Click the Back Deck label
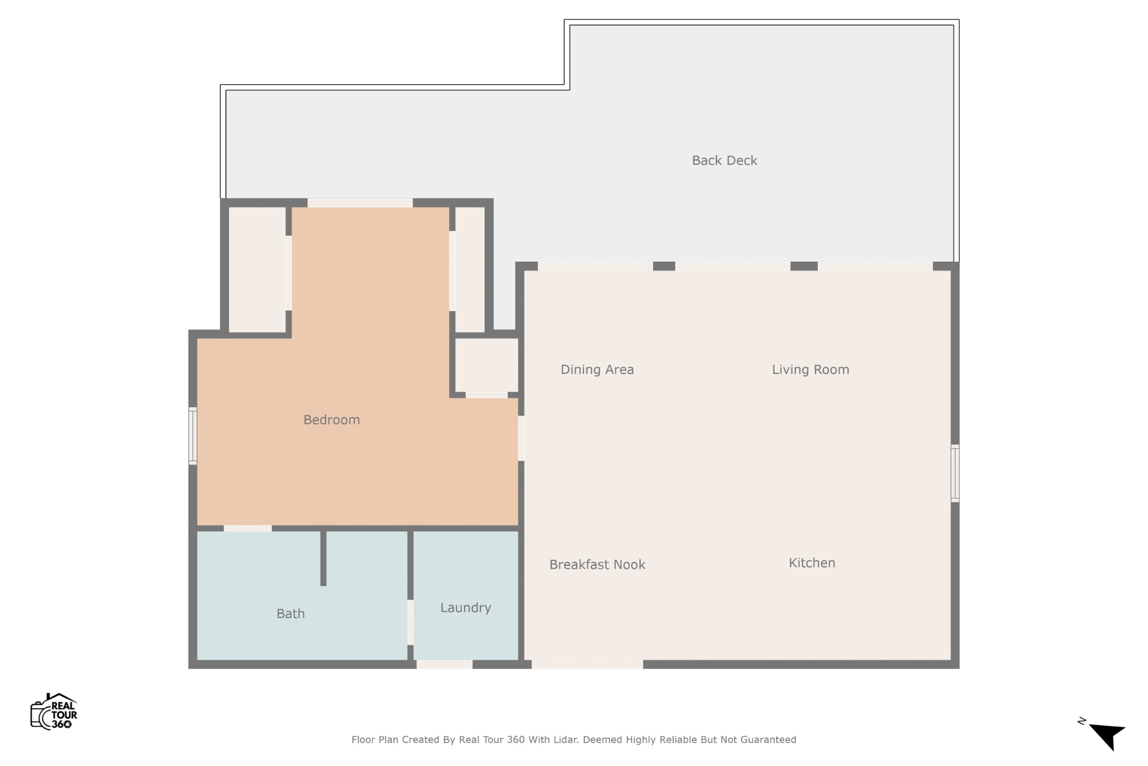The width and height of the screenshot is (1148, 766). coord(724,161)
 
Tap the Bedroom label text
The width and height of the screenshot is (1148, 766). coord(331,420)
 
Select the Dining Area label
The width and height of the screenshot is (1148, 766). coord(597,370)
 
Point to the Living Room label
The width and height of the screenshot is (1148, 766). coord(810,370)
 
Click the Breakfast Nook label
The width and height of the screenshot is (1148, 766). coord(597,565)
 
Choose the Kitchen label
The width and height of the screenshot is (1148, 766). coord(812,563)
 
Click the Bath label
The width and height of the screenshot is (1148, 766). coord(290,614)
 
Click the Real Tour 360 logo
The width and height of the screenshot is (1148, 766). coord(54,712)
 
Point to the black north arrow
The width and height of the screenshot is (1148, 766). coord(1107,735)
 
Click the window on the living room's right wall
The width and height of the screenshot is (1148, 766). coord(955,473)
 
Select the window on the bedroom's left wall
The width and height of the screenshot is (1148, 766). coord(193,436)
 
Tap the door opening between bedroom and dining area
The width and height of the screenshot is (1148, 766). coord(521,438)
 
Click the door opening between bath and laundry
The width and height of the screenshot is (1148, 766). coord(410,622)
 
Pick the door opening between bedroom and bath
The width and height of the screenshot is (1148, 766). coord(248,528)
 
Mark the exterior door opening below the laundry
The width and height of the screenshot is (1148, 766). coord(445,665)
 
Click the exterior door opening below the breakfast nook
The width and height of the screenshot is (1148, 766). coord(587,665)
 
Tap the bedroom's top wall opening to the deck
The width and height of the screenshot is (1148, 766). coord(360,203)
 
